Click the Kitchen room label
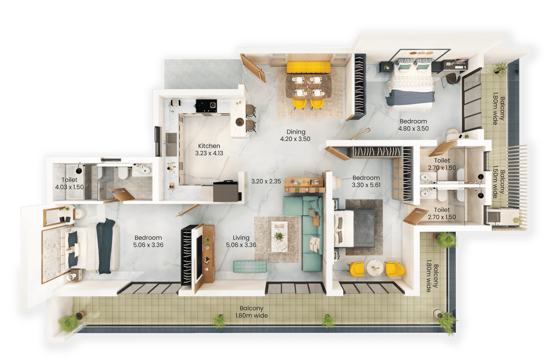209,146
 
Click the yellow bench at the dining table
308,68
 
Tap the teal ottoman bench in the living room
250,266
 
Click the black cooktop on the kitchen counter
206,105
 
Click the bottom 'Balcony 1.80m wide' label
252,312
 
